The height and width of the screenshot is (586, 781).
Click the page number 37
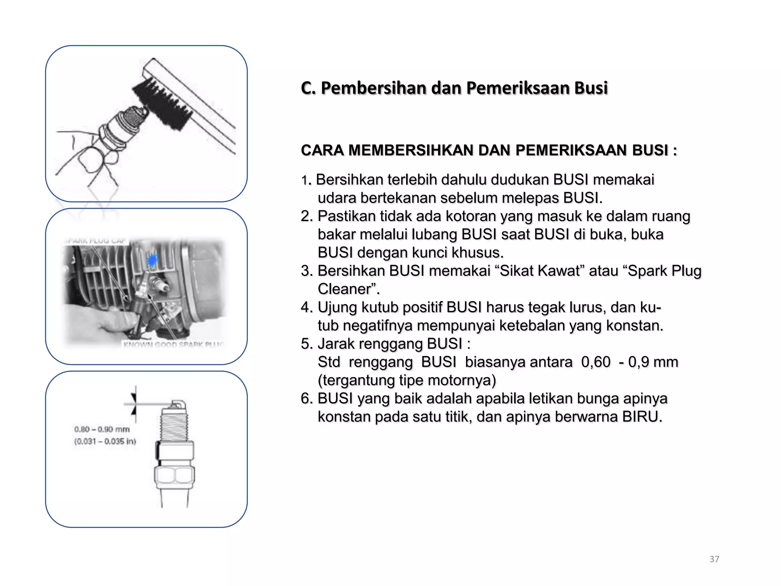714,559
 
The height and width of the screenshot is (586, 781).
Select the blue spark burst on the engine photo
152,260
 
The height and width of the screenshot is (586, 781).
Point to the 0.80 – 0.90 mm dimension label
102,429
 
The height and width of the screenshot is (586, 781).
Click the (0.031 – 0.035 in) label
105,441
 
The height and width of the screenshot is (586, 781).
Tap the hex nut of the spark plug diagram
174,475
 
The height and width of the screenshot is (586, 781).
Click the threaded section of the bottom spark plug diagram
174,423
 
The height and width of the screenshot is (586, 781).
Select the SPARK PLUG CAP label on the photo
95,241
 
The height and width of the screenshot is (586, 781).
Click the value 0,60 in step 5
596,362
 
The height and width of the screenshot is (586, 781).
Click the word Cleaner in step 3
344,289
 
